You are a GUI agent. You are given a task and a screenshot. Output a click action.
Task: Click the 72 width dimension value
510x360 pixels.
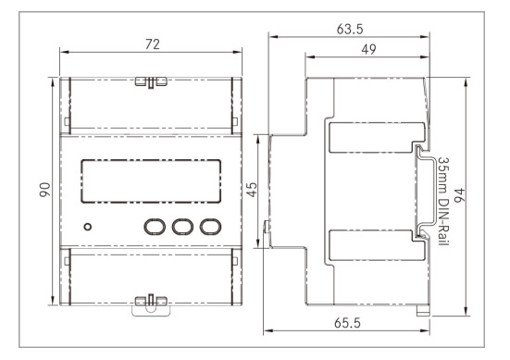pyautogui.click(x=153, y=44)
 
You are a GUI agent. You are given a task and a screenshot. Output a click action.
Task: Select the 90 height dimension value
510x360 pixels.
pyautogui.click(x=44, y=190)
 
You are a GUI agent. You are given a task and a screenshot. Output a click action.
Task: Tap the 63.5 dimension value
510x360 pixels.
pyautogui.click(x=350, y=30)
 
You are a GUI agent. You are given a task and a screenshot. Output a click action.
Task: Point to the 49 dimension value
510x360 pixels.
pyautogui.click(x=368, y=49)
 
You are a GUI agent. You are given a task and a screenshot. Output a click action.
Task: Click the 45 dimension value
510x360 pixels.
pyautogui.click(x=252, y=190)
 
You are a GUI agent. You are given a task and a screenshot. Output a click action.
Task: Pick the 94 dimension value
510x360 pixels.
pyautogui.click(x=459, y=195)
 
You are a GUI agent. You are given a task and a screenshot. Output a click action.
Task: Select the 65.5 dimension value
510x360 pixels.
pyautogui.click(x=347, y=323)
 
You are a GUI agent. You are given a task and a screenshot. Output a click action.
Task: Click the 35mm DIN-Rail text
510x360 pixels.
pyautogui.click(x=443, y=202)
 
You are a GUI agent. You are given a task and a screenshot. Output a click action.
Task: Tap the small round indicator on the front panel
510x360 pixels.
pyautogui.click(x=88, y=227)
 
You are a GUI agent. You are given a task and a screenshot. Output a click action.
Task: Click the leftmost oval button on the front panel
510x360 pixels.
pyautogui.click(x=155, y=227)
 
